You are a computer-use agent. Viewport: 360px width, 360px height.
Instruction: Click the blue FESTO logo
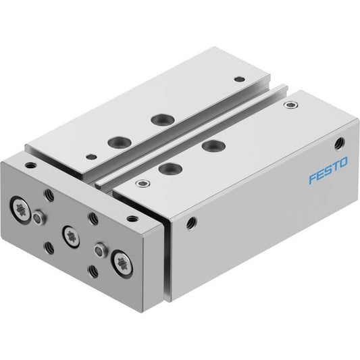328,170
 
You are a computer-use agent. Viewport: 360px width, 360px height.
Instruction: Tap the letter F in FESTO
313,178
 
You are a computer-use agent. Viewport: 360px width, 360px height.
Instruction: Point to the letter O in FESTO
344,162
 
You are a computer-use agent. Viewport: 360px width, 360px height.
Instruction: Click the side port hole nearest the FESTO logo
340,143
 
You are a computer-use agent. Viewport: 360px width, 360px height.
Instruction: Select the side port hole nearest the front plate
190,223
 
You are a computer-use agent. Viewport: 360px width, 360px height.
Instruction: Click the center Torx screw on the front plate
71,237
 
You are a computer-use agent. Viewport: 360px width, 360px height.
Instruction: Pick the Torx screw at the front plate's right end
122,264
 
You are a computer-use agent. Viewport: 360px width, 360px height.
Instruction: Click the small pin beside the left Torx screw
38,217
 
